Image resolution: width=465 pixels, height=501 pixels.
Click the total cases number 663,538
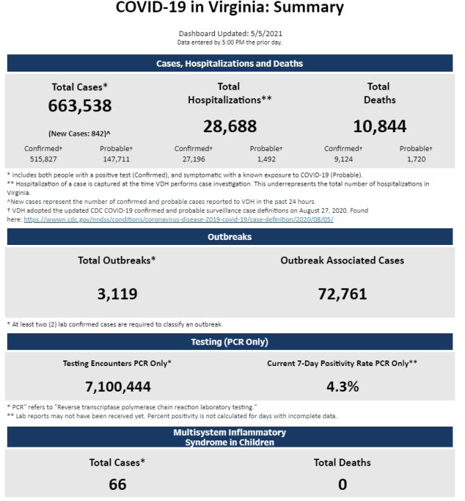pyautogui.click(x=80, y=106)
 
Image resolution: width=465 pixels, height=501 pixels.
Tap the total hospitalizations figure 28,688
pyautogui.click(x=230, y=126)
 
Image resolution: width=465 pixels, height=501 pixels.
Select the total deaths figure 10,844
pyautogui.click(x=380, y=126)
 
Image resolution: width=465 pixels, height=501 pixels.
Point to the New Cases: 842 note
pyautogui.click(x=79, y=134)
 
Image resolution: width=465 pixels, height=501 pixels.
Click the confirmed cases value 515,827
pyautogui.click(x=43, y=159)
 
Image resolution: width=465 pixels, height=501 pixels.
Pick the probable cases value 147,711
pyautogui.click(x=116, y=159)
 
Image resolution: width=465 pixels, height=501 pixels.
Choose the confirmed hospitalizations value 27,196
pyautogui.click(x=194, y=159)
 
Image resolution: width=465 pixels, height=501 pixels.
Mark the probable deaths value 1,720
pyautogui.click(x=416, y=159)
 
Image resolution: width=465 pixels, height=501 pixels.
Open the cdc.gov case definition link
pyautogui.click(x=179, y=219)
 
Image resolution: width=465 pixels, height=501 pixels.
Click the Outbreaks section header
pyautogui.click(x=230, y=237)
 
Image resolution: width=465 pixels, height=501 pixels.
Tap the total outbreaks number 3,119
pyautogui.click(x=117, y=294)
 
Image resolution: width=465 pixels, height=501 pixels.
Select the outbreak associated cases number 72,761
pyautogui.click(x=343, y=294)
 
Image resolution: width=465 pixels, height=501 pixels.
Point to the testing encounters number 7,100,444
pyautogui.click(x=117, y=387)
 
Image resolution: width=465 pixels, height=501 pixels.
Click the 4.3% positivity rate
pyautogui.click(x=343, y=387)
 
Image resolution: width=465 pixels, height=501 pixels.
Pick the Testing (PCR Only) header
pyautogui.click(x=230, y=342)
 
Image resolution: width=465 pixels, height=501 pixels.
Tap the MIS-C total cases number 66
pyautogui.click(x=117, y=484)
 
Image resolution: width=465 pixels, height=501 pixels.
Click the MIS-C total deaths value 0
pyautogui.click(x=343, y=484)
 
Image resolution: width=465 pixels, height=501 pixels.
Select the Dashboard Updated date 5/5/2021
pyautogui.click(x=266, y=33)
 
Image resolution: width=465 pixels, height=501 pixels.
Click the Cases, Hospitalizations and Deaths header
pyautogui.click(x=230, y=63)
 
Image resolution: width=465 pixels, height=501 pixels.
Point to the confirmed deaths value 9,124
pyautogui.click(x=343, y=159)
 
